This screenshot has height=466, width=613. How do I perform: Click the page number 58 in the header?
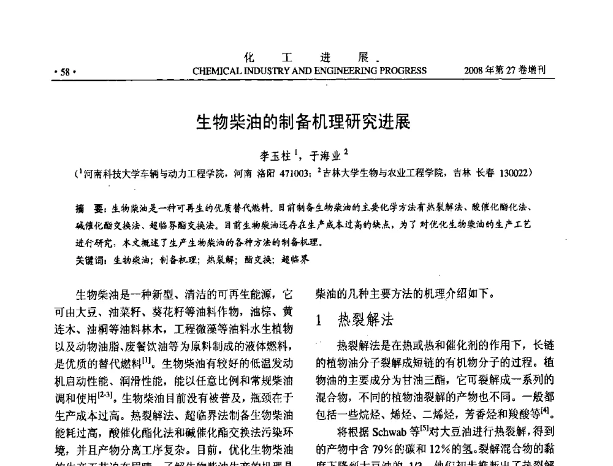click(63, 71)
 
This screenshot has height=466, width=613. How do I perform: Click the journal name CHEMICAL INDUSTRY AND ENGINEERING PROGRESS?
click(309, 71)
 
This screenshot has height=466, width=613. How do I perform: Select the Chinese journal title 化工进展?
click(307, 58)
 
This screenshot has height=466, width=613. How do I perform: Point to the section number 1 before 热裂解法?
click(319, 321)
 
